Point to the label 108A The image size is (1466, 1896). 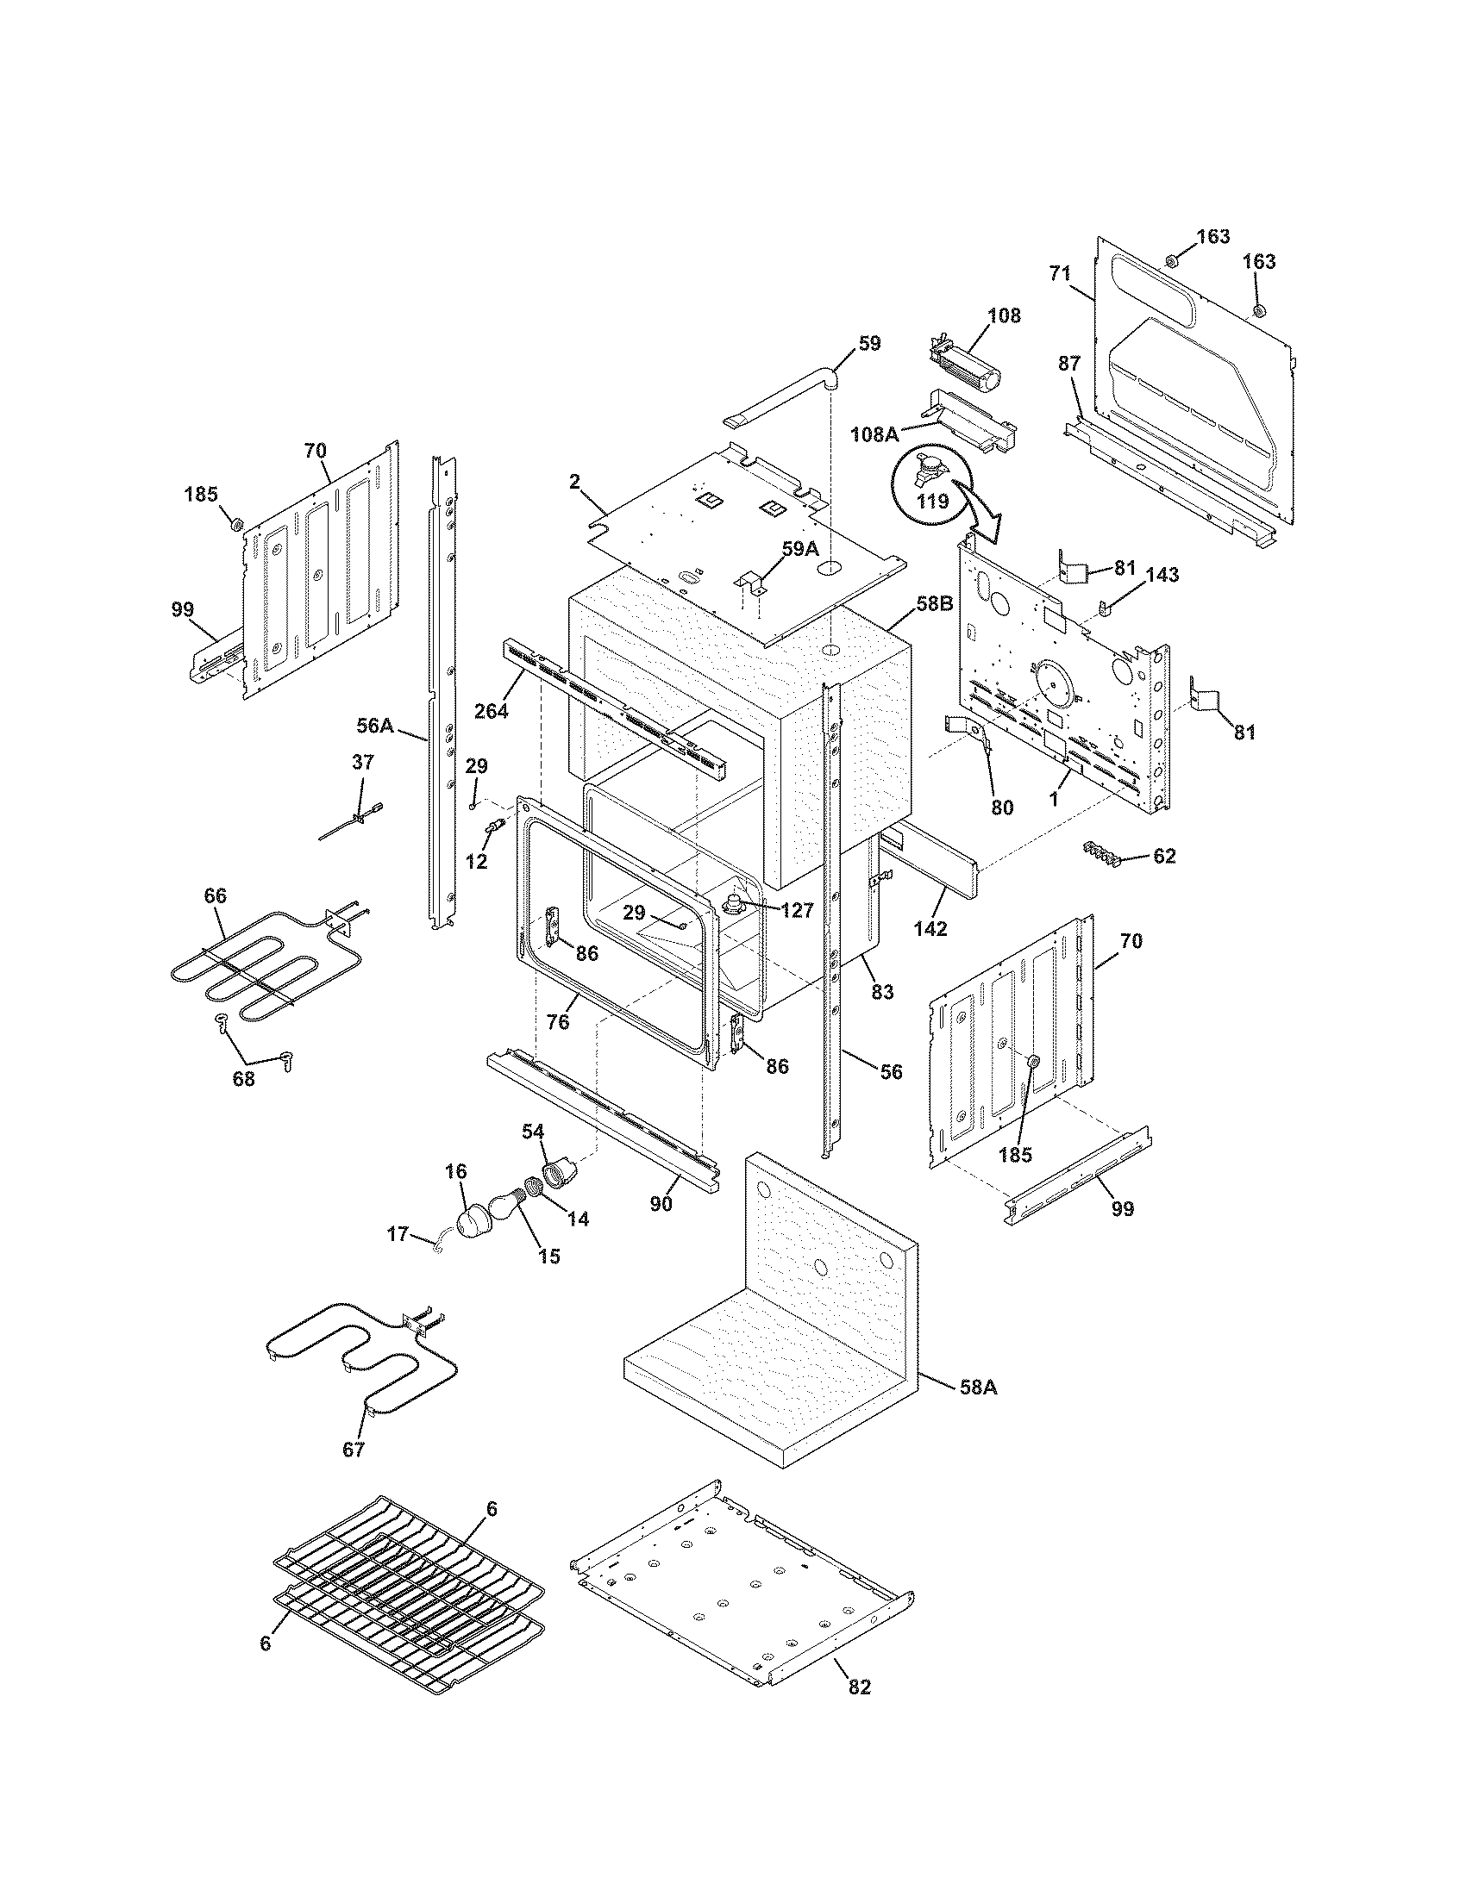click(874, 433)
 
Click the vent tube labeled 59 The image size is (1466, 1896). click(781, 398)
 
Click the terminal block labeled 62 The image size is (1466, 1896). click(1102, 853)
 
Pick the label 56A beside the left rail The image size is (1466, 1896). click(376, 724)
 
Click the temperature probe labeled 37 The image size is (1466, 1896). click(356, 820)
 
